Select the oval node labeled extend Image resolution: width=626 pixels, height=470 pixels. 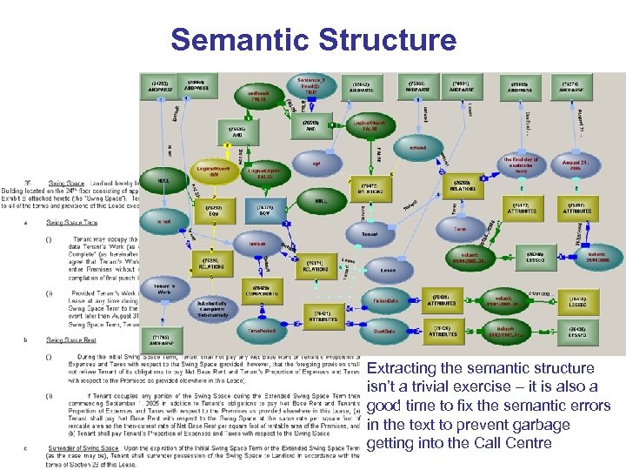417,149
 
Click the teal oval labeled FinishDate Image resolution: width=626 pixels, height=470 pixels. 387,299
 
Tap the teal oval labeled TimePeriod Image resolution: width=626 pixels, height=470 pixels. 261,332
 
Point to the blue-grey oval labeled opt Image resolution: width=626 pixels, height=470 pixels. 317,162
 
